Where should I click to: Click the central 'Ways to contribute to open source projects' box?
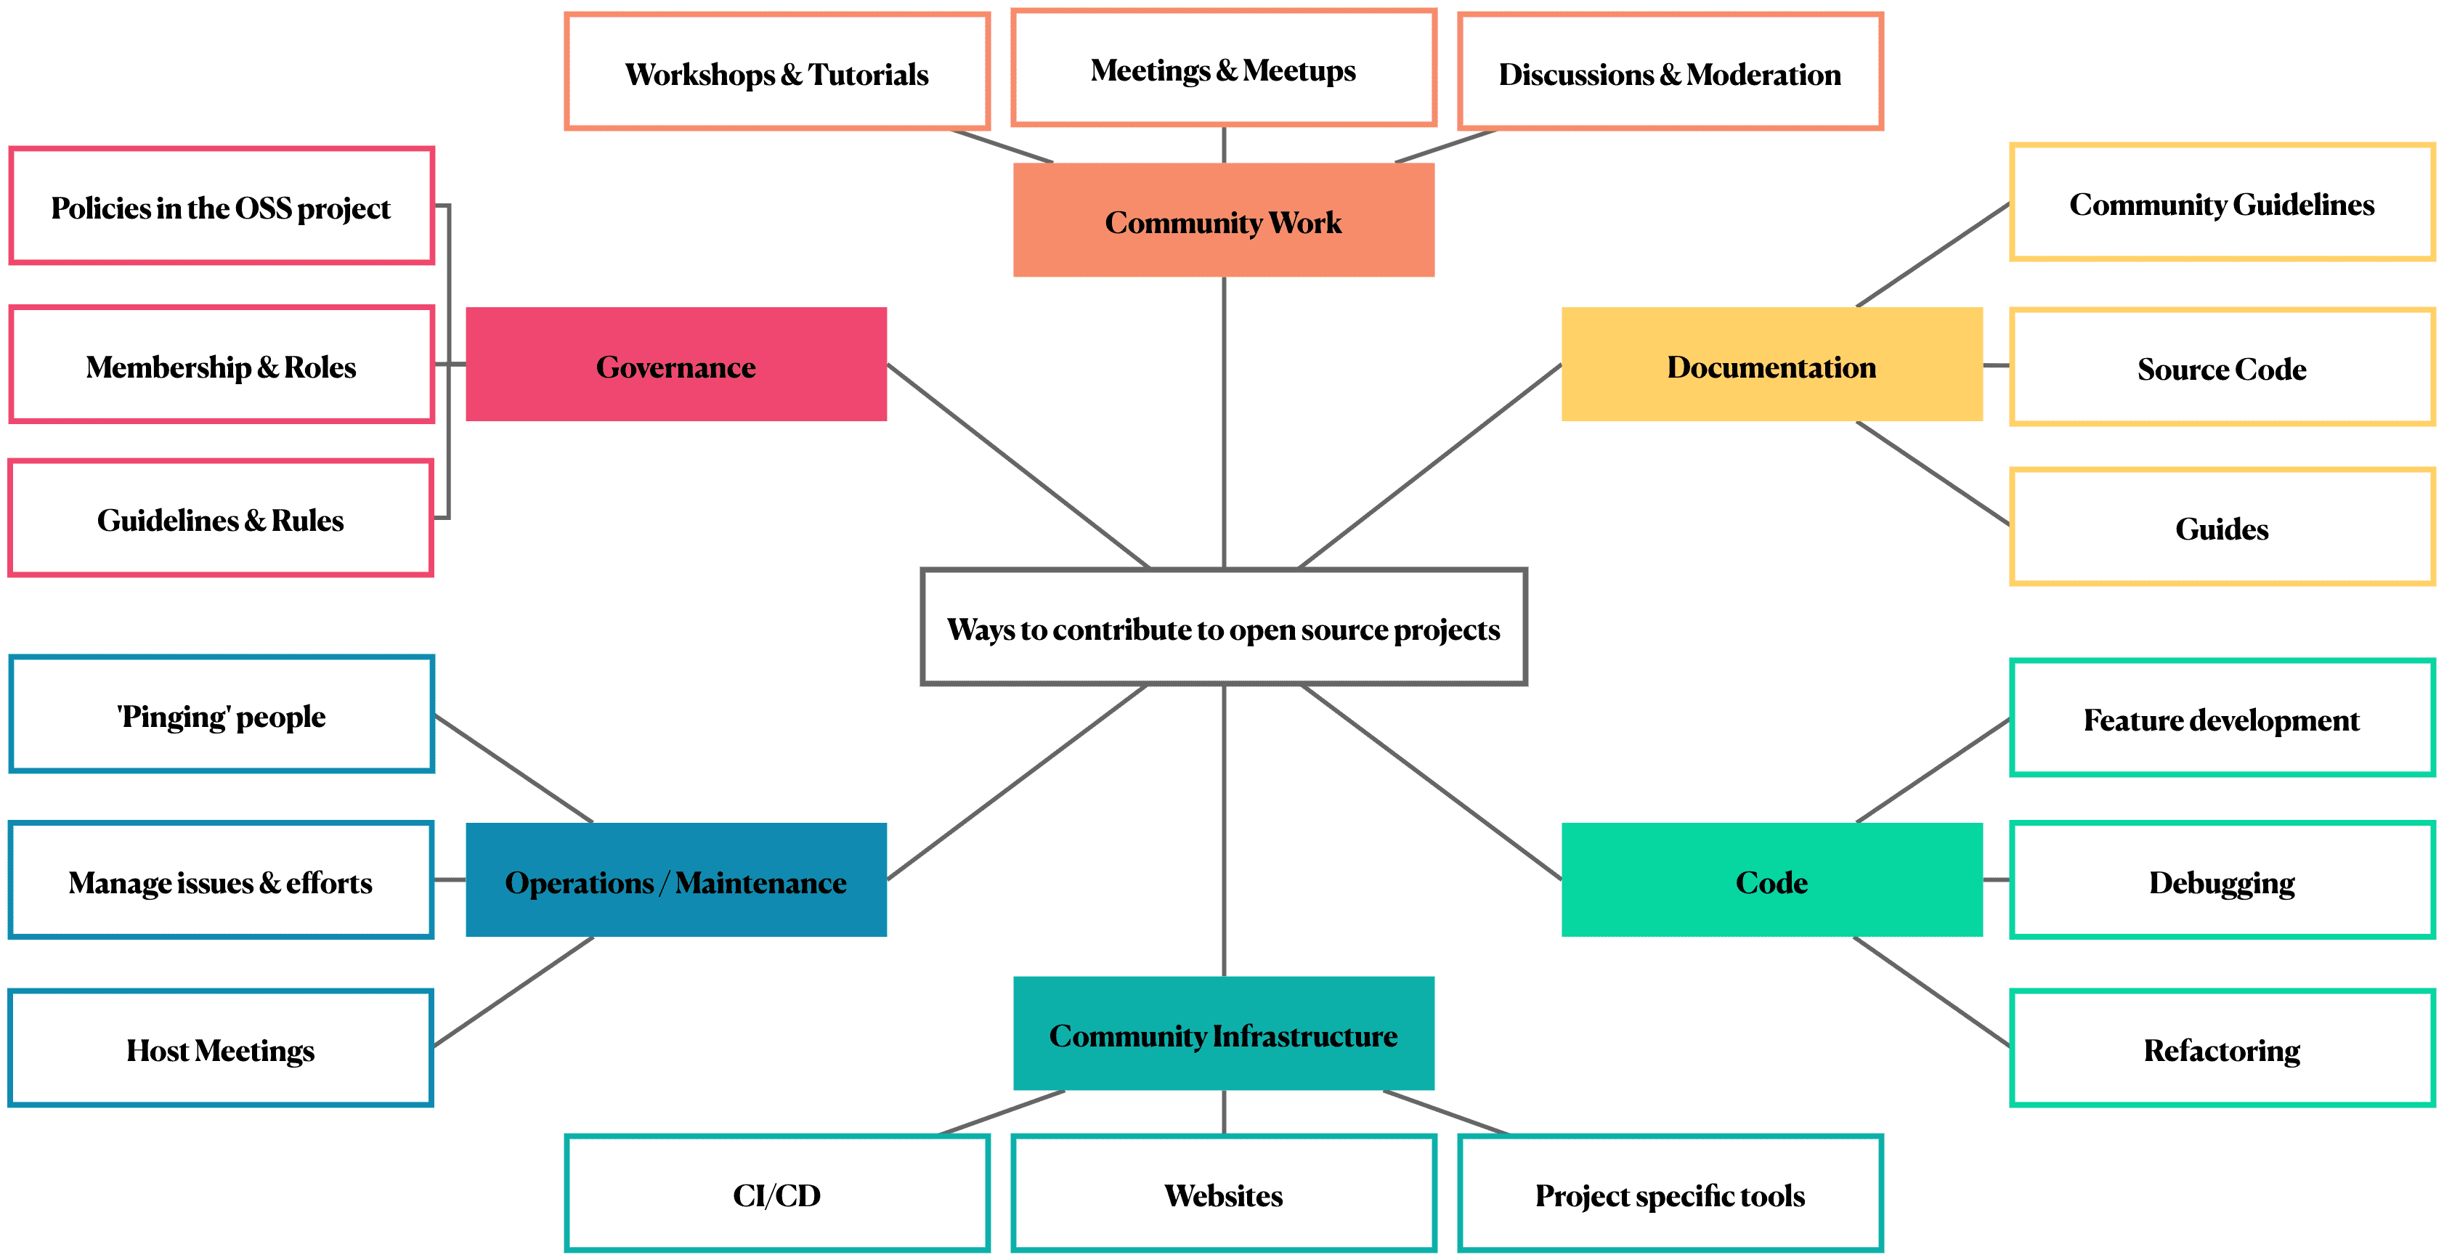point(1223,627)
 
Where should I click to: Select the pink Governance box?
point(675,365)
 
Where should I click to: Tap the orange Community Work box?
point(1223,220)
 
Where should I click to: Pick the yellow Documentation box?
point(1771,365)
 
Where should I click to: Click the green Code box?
point(1771,879)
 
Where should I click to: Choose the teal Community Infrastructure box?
point(1223,1033)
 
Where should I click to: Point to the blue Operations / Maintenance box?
point(675,879)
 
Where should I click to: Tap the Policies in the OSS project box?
point(221,206)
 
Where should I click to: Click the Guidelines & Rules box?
point(221,518)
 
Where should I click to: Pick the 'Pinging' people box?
point(221,715)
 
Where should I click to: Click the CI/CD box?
point(776,1194)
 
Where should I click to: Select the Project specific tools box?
point(1670,1194)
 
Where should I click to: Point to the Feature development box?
point(2221,718)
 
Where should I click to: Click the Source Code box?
point(2221,367)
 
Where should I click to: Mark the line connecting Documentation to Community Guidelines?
point(1933,255)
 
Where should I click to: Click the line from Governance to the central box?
point(1018,466)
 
